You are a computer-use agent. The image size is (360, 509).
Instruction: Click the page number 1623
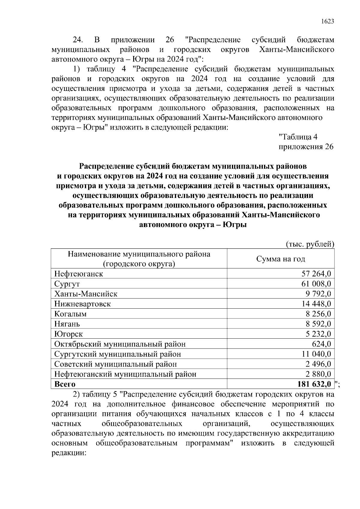327,22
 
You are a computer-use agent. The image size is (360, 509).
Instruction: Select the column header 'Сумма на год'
280,259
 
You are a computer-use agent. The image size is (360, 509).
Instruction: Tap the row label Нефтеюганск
79,274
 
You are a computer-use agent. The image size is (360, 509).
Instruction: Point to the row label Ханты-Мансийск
86,294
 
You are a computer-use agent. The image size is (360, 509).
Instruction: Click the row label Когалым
70,314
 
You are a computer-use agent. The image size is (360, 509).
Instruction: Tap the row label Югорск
68,334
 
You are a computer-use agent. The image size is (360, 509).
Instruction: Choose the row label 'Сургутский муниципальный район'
118,354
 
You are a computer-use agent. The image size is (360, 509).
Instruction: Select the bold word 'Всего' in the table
65,384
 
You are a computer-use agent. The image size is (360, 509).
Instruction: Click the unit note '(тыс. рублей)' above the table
310,244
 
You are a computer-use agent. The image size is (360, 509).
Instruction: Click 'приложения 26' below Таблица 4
306,147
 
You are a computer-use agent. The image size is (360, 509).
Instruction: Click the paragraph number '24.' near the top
79,40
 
